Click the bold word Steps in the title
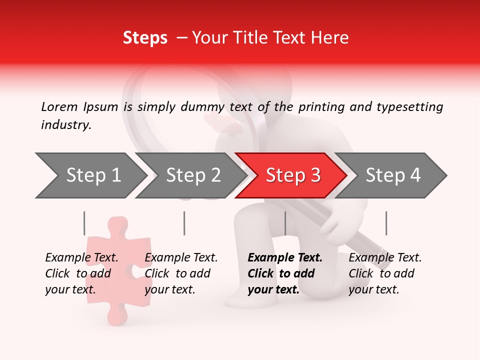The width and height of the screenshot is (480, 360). coord(145,38)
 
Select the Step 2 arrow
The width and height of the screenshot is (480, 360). coord(193,175)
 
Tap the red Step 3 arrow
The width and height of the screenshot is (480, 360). coord(292,175)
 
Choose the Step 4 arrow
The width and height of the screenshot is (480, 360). coord(392,175)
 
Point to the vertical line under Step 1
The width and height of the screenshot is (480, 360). coord(84,223)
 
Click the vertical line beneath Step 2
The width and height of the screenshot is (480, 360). coord(184,223)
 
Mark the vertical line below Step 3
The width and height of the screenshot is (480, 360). coord(285,223)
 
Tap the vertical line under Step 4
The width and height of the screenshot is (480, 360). coord(386,223)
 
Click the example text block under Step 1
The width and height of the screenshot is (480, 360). coord(81,273)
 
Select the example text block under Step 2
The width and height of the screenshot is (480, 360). coord(181,273)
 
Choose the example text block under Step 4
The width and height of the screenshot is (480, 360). coord(385,273)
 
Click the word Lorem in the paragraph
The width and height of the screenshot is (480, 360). coord(59,106)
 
